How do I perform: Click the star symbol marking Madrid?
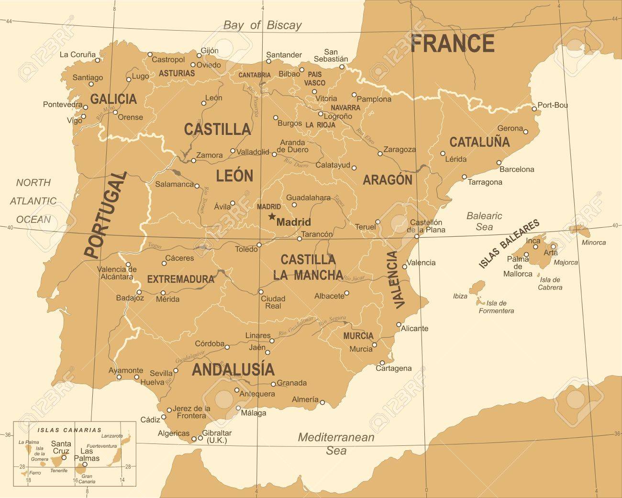point(272,217)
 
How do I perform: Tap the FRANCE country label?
point(453,44)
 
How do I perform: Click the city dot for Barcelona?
point(499,162)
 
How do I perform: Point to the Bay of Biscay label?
point(263,25)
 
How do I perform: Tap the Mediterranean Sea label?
point(336,443)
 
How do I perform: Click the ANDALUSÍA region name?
point(233,369)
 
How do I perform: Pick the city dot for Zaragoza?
point(380,154)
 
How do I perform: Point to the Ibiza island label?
point(460,296)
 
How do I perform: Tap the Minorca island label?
point(593,243)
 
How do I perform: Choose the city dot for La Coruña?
point(98,60)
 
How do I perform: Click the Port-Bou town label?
point(553,105)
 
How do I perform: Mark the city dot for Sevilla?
point(176,370)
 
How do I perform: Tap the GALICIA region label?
point(113,99)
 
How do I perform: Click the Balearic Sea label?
point(484,221)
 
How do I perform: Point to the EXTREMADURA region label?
point(180,279)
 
